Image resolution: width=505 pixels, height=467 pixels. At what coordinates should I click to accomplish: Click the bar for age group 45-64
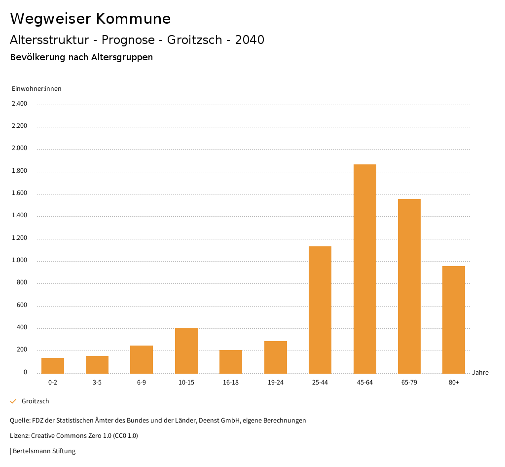coord(365,269)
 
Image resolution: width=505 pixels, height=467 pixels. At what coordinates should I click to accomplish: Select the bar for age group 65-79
coord(409,286)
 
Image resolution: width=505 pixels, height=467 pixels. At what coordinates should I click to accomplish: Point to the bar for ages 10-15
coord(186,350)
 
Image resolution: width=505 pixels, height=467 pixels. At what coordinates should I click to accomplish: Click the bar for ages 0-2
coord(53,366)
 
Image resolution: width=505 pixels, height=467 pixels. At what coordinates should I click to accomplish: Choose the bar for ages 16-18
coord(231,362)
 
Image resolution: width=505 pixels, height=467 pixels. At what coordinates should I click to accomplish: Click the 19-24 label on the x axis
coord(275,383)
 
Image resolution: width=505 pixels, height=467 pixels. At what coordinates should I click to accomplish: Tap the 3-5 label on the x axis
coord(97,383)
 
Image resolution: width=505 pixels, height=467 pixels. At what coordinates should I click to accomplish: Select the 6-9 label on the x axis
coord(142,383)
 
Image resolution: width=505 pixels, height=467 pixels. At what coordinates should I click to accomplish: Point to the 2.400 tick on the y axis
coord(20,104)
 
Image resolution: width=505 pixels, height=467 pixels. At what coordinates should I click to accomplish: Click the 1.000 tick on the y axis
coord(20,261)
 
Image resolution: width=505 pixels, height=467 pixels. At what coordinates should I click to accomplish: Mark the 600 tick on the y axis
coord(22,306)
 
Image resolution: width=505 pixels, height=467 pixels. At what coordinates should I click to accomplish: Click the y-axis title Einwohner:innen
coord(36,88)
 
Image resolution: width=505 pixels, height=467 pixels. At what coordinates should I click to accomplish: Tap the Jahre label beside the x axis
coord(480,372)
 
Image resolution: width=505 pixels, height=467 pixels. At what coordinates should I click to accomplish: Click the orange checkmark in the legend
coord(13,401)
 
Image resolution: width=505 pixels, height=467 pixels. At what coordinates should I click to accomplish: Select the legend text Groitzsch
coord(36,401)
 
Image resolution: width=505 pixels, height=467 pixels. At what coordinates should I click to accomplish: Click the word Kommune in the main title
coord(133,19)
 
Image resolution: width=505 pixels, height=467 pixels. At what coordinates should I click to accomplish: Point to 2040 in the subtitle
coord(250,40)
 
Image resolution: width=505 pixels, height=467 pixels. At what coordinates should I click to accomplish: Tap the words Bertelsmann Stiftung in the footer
coord(44,451)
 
